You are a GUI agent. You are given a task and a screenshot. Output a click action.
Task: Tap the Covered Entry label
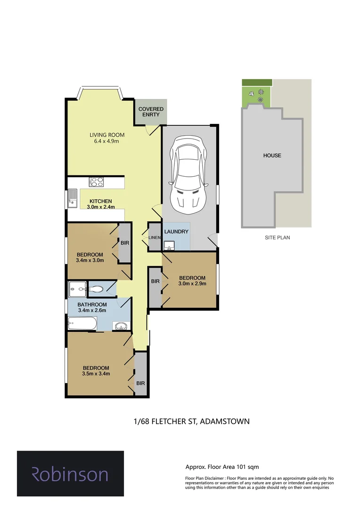click(151, 112)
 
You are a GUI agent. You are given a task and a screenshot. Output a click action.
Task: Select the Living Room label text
click(104, 135)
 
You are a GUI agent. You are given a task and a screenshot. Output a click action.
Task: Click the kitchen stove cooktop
click(97, 181)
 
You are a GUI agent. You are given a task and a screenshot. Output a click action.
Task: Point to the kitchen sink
click(73, 198)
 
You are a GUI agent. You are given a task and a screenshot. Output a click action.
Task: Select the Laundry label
click(177, 231)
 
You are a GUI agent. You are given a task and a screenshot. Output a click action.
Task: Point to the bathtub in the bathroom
click(83, 324)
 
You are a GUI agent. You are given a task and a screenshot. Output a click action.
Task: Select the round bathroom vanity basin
click(121, 326)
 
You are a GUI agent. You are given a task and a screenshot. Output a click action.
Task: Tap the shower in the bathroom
click(76, 288)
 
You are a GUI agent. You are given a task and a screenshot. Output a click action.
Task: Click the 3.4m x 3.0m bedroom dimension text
click(90, 260)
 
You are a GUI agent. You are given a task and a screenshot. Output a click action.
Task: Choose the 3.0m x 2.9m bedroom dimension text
click(192, 284)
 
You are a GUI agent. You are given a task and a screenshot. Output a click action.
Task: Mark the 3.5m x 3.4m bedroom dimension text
click(96, 374)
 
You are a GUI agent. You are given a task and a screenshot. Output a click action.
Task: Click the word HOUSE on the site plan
click(272, 156)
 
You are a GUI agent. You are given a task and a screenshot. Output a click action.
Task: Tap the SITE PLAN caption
click(277, 238)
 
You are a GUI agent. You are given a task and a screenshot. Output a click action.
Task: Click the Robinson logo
click(70, 474)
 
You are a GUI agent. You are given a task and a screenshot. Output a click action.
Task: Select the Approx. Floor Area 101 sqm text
click(222, 467)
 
